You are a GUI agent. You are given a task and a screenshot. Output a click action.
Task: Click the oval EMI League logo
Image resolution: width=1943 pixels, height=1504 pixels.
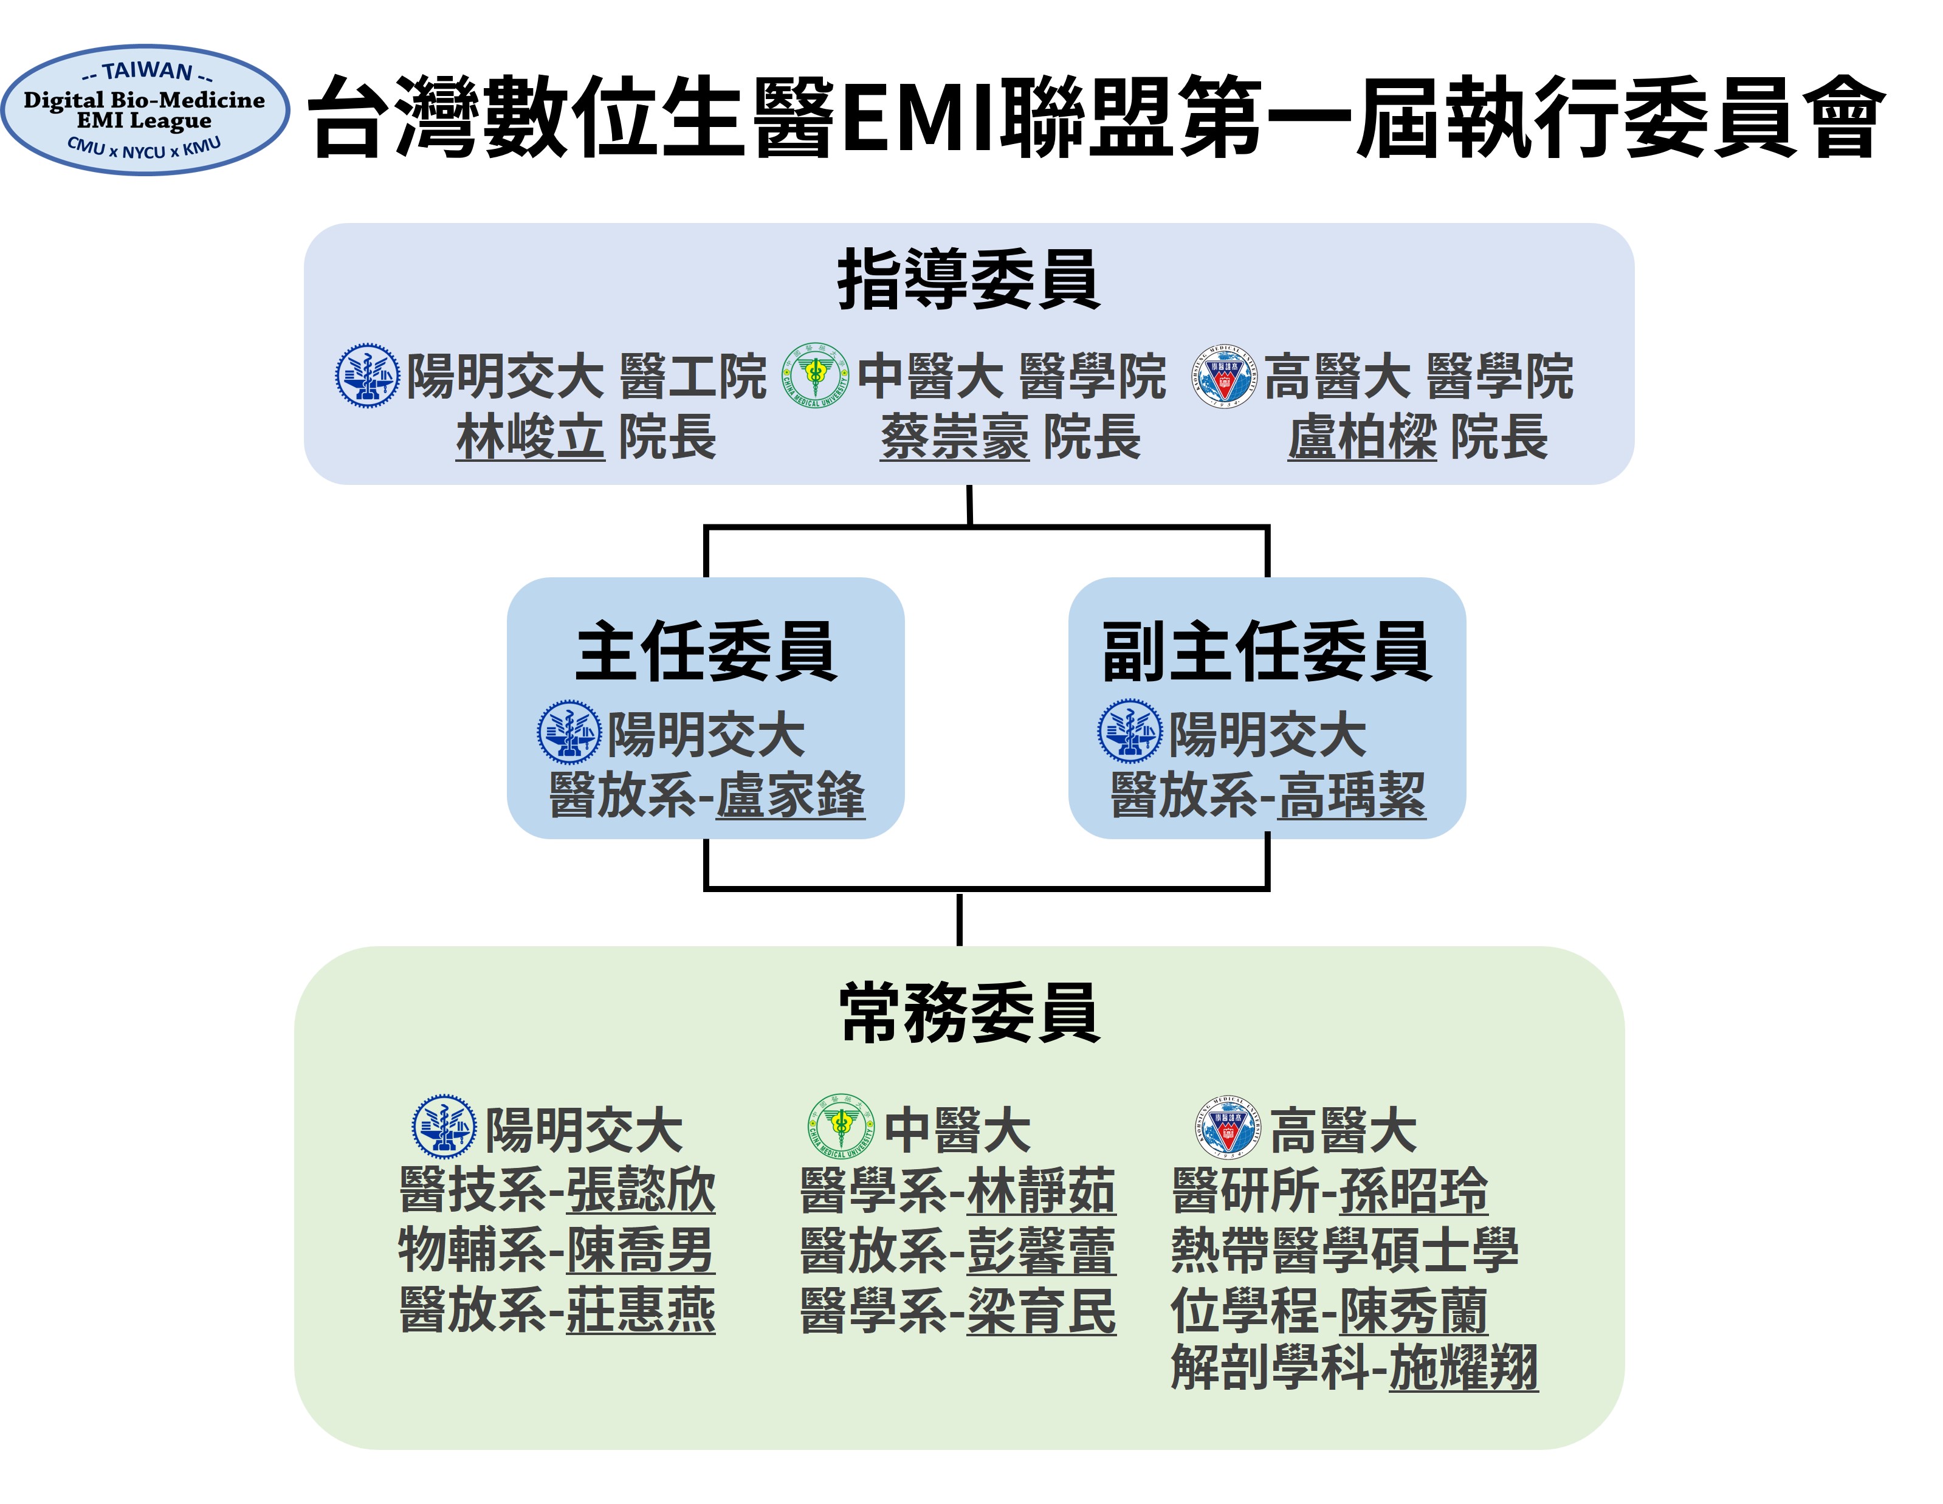tap(145, 110)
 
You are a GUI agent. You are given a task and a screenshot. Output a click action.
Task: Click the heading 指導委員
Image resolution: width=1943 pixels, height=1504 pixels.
tap(969, 280)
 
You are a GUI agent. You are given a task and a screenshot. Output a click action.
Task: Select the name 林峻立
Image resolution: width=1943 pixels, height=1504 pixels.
tap(530, 438)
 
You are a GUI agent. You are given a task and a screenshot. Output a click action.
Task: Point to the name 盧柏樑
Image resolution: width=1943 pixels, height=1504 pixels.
tap(1362, 438)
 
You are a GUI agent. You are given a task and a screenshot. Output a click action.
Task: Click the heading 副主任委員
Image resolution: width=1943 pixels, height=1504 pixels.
tap(1267, 652)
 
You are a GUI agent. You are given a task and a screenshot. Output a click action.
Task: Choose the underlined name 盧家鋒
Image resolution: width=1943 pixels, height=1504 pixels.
tap(791, 795)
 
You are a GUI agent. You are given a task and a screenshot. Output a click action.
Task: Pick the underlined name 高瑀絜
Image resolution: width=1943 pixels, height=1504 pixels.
tap(1352, 795)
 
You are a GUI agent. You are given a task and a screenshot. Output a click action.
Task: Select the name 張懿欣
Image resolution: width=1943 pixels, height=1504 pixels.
tap(641, 1190)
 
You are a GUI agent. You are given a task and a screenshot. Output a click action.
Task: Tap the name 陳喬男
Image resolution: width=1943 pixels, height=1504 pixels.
tap(641, 1249)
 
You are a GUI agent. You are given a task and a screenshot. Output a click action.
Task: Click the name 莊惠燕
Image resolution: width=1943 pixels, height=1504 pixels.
tap(641, 1310)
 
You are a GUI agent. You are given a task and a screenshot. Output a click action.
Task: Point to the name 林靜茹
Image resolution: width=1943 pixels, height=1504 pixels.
tap(1041, 1190)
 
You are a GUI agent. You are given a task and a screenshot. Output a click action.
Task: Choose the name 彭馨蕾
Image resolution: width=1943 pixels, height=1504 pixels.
tap(1041, 1249)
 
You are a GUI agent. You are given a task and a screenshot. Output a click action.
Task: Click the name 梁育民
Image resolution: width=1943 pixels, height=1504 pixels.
tap(1041, 1310)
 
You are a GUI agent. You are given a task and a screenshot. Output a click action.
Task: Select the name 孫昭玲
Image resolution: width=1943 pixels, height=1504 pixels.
tap(1414, 1190)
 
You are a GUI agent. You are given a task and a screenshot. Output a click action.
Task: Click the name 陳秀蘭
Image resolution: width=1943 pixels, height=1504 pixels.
tap(1414, 1310)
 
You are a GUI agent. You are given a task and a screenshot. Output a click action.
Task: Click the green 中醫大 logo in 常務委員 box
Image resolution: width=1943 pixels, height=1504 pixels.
tap(840, 1127)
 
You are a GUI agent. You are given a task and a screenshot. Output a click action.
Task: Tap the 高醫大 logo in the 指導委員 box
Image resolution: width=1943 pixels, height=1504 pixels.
tap(1225, 376)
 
